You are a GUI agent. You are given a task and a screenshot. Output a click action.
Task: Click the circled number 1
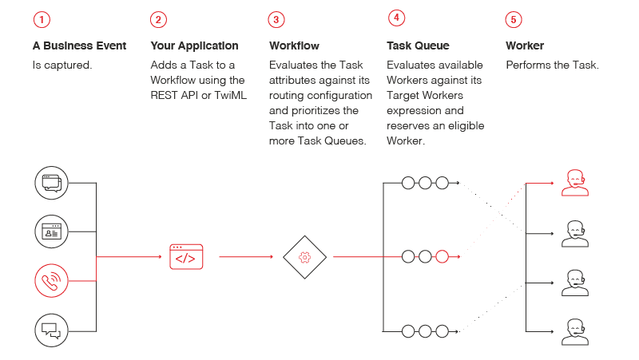click(x=42, y=19)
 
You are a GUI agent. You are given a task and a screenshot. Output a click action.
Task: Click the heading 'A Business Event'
click(x=79, y=46)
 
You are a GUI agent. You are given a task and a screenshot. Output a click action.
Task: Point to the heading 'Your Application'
click(x=194, y=46)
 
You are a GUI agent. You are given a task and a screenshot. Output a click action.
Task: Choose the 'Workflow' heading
click(x=295, y=46)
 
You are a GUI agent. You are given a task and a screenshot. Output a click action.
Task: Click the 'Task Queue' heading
click(x=418, y=46)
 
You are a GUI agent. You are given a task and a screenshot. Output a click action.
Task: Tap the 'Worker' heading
click(x=525, y=46)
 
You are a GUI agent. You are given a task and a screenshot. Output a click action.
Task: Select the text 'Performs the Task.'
click(x=552, y=65)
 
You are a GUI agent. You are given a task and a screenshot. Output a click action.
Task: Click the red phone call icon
click(x=51, y=281)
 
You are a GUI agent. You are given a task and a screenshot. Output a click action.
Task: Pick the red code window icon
click(x=186, y=257)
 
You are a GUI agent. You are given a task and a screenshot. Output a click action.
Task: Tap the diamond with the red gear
click(x=304, y=257)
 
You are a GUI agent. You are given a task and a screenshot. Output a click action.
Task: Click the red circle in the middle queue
click(x=443, y=257)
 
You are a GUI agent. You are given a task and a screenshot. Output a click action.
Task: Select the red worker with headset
click(x=574, y=183)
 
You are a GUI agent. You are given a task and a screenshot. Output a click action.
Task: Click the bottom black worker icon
click(x=574, y=332)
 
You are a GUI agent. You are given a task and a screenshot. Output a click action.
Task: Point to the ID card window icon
click(x=51, y=232)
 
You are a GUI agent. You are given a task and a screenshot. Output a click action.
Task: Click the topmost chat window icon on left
click(x=51, y=183)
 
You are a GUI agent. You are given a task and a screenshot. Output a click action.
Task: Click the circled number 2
click(x=159, y=19)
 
